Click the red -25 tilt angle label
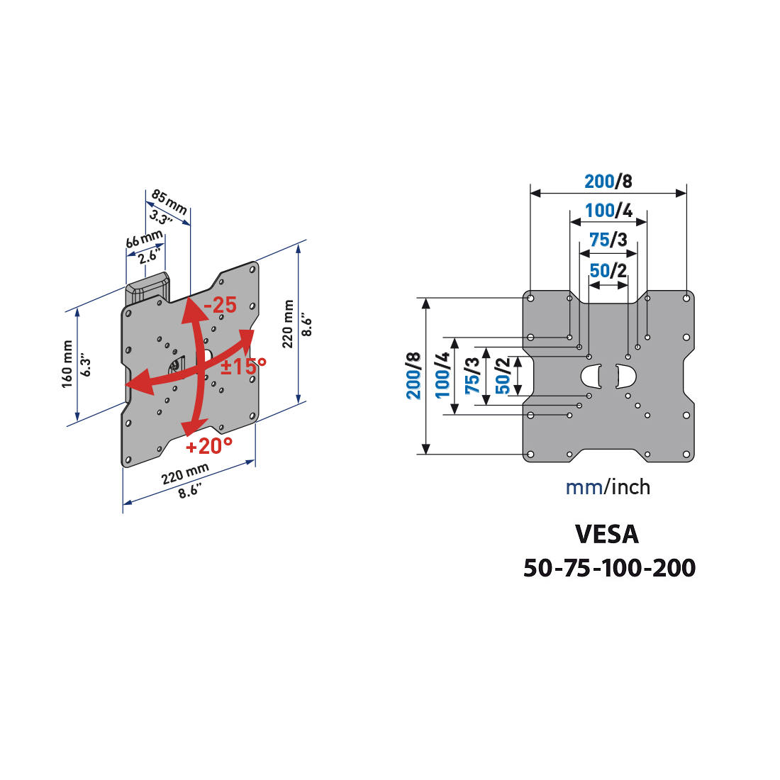(x=220, y=306)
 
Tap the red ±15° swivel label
(x=243, y=366)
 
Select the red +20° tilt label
(x=209, y=446)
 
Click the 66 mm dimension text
(x=144, y=240)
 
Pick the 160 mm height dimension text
(x=67, y=363)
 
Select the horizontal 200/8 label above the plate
(x=608, y=182)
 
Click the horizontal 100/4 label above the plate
(x=608, y=211)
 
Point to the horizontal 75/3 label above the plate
(x=608, y=240)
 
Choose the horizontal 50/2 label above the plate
(x=608, y=271)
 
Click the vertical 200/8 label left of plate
(x=414, y=376)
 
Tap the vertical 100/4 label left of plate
(x=442, y=376)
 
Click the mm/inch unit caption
(x=608, y=487)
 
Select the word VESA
(x=607, y=534)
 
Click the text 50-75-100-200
(x=609, y=568)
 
